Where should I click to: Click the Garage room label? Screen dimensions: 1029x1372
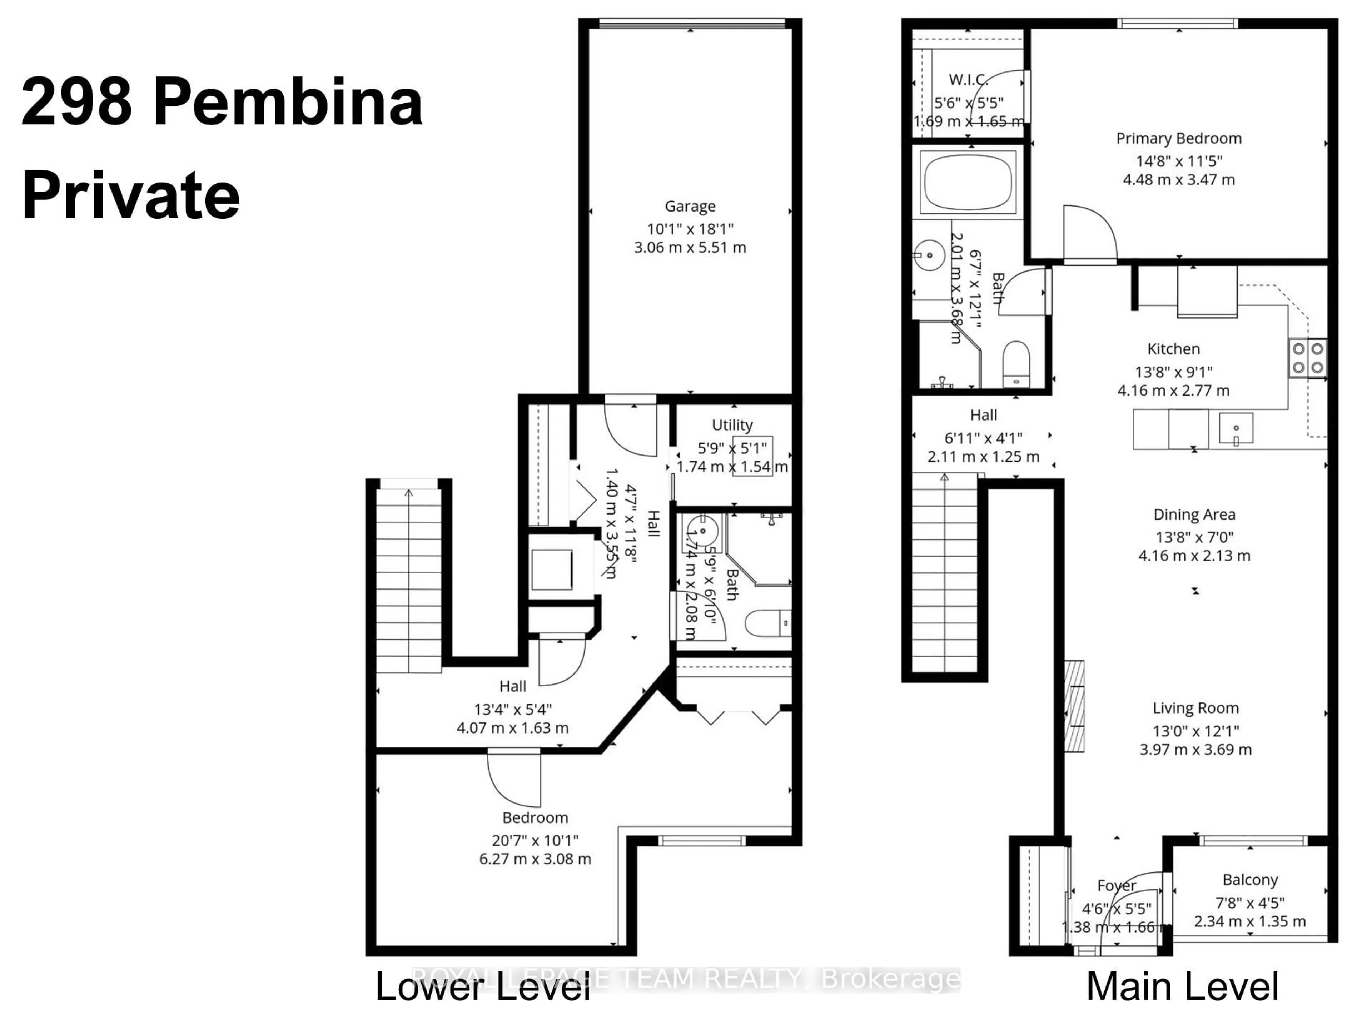coord(690,206)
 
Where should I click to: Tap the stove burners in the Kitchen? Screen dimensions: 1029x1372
coord(1307,358)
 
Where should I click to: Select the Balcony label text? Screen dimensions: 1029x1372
coord(1250,880)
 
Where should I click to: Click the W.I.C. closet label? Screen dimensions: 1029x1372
coord(968,79)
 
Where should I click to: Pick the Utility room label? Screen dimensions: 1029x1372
coord(732,426)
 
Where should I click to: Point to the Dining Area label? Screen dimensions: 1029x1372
coord(1194,514)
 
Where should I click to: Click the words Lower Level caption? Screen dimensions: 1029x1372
coord(483,987)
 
